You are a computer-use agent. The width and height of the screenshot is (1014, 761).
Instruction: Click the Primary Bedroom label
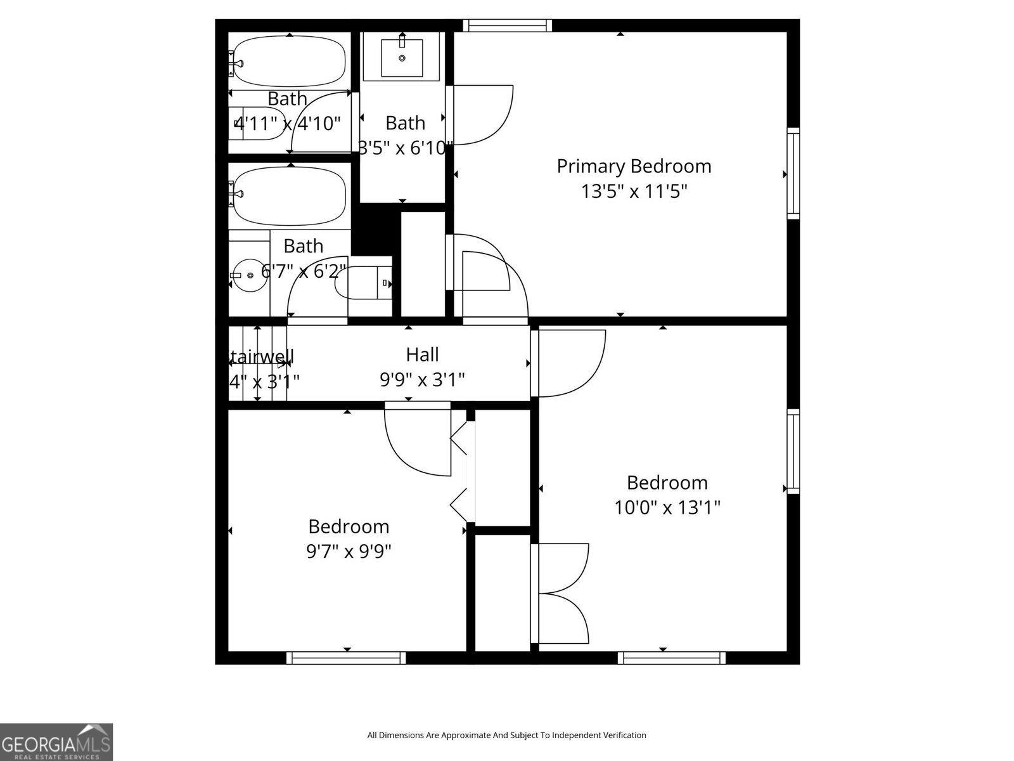634,166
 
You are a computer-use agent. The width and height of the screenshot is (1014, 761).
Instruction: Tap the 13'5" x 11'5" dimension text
634,191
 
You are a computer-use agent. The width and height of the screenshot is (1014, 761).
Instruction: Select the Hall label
422,354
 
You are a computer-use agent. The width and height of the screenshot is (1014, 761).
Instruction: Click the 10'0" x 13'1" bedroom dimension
667,507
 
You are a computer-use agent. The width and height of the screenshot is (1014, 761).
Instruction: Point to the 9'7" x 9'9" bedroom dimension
349,551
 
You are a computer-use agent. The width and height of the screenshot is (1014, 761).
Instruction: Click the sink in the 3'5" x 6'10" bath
402,58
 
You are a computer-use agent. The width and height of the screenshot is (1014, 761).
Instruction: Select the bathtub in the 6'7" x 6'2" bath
290,196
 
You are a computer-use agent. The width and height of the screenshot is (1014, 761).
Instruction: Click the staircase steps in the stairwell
257,363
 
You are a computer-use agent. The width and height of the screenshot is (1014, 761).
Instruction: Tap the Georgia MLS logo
56,741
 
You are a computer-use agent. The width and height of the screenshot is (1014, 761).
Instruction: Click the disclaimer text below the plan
506,735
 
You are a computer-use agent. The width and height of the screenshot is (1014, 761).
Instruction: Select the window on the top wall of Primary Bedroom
507,25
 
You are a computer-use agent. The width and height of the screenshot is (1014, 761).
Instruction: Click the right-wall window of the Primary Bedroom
793,174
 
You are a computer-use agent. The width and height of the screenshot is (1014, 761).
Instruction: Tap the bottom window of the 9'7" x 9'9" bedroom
346,658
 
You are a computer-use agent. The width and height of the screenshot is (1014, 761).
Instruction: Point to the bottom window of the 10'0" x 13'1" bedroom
672,658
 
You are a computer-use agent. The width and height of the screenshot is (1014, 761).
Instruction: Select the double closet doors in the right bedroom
560,594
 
